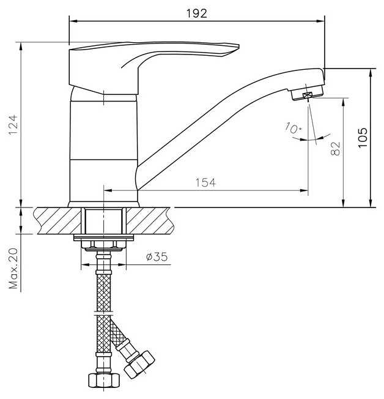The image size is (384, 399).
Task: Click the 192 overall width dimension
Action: (197, 13)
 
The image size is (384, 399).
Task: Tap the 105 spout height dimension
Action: (363, 138)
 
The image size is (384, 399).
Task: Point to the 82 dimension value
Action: (336, 148)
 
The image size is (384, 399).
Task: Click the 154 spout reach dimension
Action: (205, 182)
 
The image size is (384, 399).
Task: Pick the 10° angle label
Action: (293, 128)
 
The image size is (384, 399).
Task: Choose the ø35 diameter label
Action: (157, 257)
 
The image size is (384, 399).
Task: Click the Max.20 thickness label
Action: (13, 268)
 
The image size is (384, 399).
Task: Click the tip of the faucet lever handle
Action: (238, 46)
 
